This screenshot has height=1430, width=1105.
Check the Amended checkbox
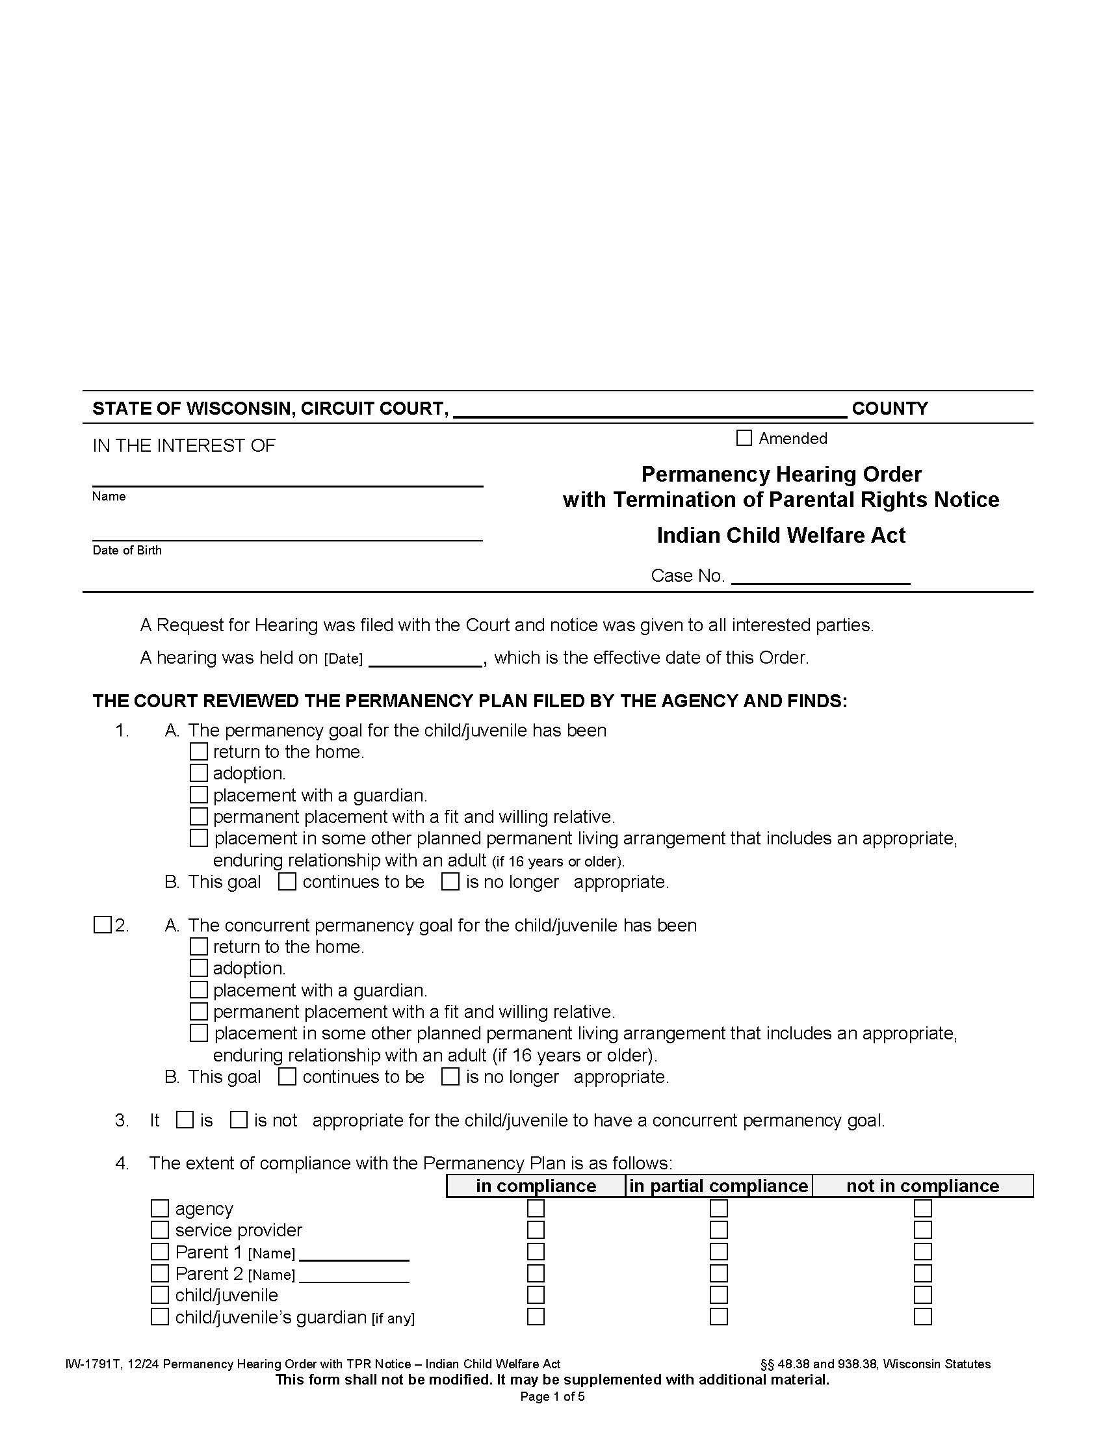coord(744,438)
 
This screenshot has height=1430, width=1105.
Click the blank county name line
coord(649,411)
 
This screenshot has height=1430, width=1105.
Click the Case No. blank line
coord(820,576)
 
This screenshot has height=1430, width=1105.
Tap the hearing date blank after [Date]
coord(426,658)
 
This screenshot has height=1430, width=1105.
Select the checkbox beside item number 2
coord(102,925)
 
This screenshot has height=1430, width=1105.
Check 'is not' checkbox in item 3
coord(239,1121)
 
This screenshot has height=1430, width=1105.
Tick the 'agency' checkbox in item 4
coord(160,1208)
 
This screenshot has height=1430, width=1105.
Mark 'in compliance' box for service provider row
coord(536,1230)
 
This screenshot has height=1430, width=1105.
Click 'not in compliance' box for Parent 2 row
coord(922,1273)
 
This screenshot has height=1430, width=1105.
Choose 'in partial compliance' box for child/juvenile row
coord(719,1295)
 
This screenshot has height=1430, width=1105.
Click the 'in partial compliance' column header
coord(718,1186)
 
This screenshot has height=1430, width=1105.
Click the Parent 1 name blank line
coord(354,1253)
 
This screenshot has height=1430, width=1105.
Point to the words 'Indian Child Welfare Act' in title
coord(780,536)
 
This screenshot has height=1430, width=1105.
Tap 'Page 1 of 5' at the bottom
coord(552,1397)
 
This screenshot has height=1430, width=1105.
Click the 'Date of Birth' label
coord(127,551)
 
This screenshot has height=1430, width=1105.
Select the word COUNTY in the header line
coord(890,409)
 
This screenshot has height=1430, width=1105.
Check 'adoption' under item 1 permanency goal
coord(198,773)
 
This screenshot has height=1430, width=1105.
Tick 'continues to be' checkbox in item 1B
coord(287,882)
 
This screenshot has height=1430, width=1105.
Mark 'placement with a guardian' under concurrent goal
coord(198,990)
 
